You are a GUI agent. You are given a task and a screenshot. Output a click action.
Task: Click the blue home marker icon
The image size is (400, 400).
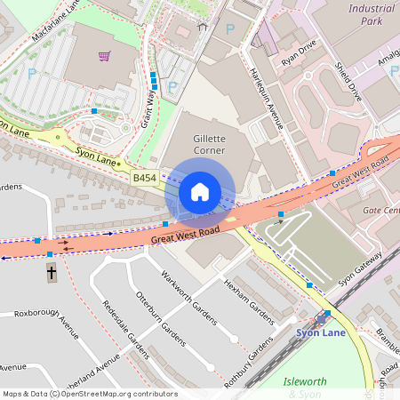click(200, 192)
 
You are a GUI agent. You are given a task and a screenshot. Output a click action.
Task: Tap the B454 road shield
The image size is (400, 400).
click(144, 179)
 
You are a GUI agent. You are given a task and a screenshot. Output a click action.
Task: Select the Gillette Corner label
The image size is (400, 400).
click(209, 145)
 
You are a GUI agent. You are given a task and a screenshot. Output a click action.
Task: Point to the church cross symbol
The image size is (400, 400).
click(52, 273)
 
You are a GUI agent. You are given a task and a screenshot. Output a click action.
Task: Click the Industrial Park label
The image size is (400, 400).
click(371, 13)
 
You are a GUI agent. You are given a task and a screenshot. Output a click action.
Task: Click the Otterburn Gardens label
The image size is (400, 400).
click(160, 316)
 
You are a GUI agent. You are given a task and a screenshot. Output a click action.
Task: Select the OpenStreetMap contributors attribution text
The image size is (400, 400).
click(89, 393)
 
